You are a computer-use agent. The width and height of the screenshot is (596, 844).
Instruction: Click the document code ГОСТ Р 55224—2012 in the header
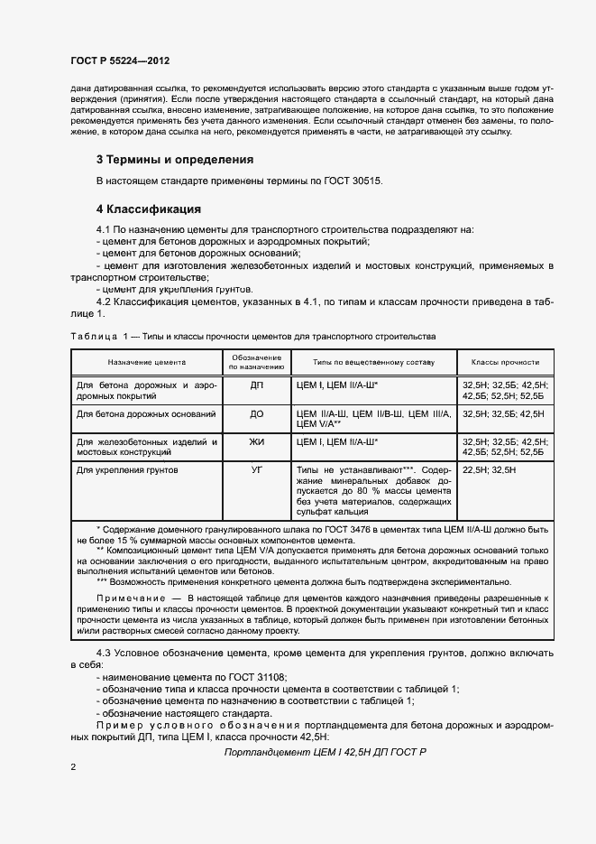tap(120, 60)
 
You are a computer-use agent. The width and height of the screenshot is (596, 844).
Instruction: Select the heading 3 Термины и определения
tap(175, 160)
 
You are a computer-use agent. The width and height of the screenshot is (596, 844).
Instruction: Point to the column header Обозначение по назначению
tap(256, 362)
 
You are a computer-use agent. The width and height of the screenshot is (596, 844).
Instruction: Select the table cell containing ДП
tap(256, 385)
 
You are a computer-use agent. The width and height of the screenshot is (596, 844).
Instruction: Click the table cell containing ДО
tap(256, 413)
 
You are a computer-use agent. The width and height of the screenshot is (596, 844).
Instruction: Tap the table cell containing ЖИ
tap(256, 442)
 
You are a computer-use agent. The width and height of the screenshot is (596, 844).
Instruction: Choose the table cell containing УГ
tap(256, 470)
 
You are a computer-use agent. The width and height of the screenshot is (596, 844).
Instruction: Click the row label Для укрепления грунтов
tap(128, 470)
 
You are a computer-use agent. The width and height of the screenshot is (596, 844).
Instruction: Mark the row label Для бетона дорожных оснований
tap(146, 413)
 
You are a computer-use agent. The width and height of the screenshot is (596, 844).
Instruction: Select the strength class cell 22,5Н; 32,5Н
tap(489, 470)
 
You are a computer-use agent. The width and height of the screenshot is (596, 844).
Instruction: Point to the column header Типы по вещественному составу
tap(373, 362)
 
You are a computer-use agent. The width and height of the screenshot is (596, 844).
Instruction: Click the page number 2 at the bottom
tap(72, 766)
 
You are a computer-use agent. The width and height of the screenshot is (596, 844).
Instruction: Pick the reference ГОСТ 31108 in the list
tap(246, 676)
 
